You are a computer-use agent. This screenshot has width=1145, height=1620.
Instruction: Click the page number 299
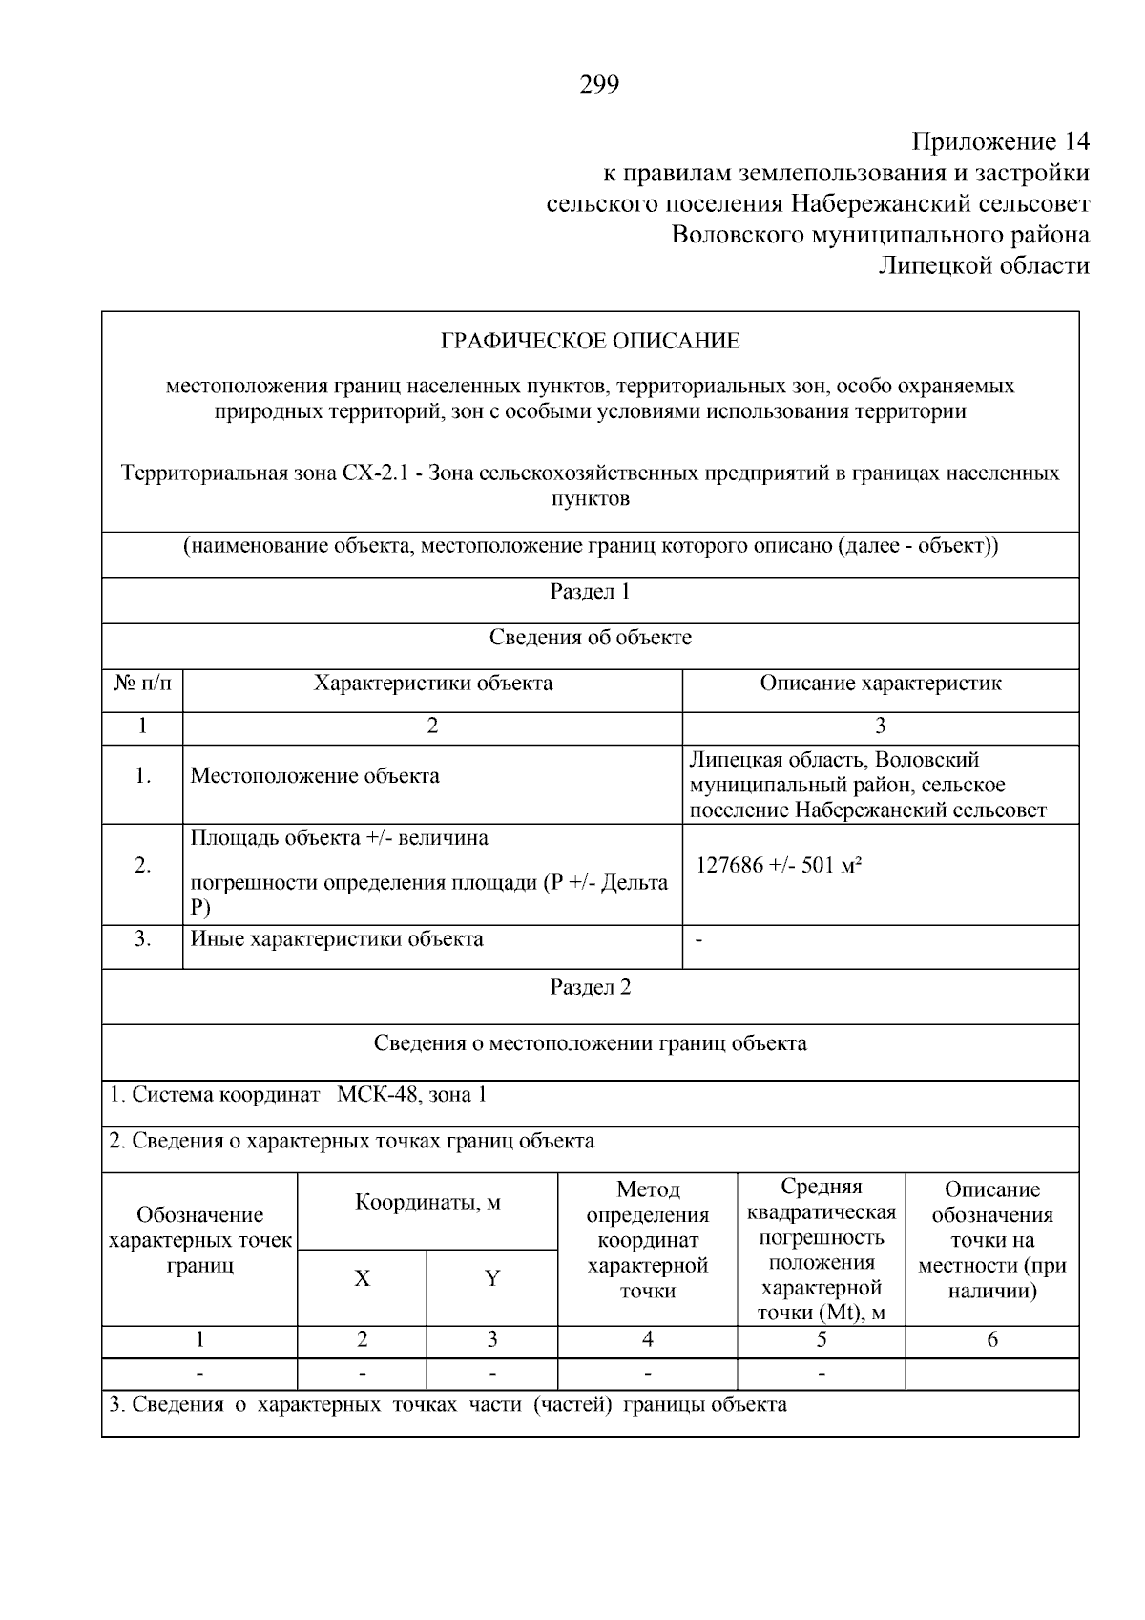(x=599, y=86)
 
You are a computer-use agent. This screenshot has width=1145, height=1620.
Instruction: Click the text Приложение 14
(x=1000, y=142)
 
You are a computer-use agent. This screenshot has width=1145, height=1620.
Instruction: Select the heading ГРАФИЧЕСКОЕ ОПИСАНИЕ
(x=590, y=341)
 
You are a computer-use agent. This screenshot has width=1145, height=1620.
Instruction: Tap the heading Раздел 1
(x=590, y=592)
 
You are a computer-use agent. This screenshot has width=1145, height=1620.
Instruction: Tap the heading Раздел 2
(x=590, y=987)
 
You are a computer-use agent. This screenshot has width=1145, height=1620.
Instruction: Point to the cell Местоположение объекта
(x=315, y=775)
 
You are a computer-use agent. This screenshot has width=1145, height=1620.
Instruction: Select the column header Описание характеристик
(x=880, y=684)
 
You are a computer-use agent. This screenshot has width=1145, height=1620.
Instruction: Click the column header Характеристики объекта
(x=433, y=684)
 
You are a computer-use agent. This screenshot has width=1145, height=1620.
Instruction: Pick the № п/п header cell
(x=142, y=684)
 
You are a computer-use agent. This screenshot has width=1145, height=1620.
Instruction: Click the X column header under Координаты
(x=363, y=1278)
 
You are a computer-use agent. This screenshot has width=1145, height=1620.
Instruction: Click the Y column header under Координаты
(x=492, y=1278)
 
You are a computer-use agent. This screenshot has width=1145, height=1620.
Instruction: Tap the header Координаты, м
(x=427, y=1203)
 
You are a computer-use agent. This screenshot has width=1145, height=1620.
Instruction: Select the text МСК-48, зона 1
(x=412, y=1095)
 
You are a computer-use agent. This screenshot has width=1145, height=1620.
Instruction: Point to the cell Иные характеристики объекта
(x=337, y=939)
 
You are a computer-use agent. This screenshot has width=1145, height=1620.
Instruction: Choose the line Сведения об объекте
(x=590, y=638)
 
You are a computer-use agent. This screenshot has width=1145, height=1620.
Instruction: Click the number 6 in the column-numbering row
(x=991, y=1340)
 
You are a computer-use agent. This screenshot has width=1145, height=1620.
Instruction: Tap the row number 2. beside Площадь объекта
(x=142, y=866)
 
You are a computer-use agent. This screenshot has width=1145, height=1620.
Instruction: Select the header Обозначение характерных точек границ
(x=199, y=1241)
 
